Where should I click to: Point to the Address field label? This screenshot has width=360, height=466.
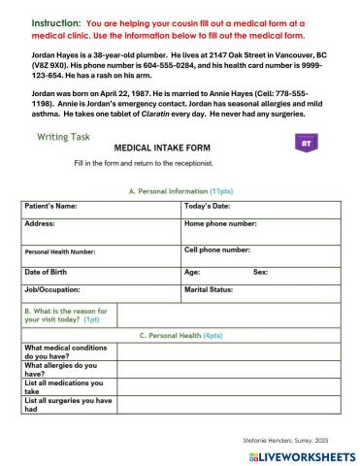pos(40,223)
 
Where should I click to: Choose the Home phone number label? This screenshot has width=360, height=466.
pos(220,223)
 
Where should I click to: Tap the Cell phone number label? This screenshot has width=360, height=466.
pos(217,250)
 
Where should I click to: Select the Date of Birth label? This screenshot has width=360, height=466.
pos(49,272)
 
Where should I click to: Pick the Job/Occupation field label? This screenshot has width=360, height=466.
pos(52,289)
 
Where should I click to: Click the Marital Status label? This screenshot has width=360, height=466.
pos(209,289)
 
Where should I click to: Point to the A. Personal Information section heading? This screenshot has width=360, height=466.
pos(180,191)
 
